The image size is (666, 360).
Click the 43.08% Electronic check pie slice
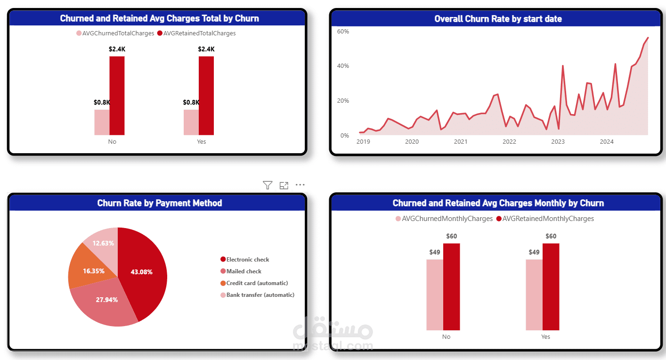pyautogui.click(x=144, y=273)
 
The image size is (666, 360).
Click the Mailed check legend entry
pyautogui.click(x=244, y=271)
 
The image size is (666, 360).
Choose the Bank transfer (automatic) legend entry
pyautogui.click(x=260, y=295)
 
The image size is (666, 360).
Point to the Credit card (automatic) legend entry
pyautogui.click(x=257, y=283)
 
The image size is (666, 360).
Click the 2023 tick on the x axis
pyautogui.click(x=558, y=142)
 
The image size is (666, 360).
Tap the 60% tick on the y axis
pyautogui.click(x=343, y=31)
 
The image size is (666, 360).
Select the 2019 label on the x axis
pyautogui.click(x=363, y=142)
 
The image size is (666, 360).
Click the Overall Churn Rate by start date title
pyautogui.click(x=498, y=19)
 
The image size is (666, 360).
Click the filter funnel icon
pyautogui.click(x=268, y=185)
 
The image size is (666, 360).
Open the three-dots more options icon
pyautogui.click(x=300, y=185)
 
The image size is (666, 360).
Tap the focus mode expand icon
pyautogui.click(x=284, y=185)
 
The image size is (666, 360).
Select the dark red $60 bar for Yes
pyautogui.click(x=551, y=287)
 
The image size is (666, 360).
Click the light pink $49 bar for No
pyautogui.click(x=435, y=295)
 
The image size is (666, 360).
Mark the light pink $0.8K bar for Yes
pyautogui.click(x=191, y=123)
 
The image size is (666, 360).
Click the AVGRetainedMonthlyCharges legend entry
pyautogui.click(x=548, y=219)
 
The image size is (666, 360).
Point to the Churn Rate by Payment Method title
pyautogui.click(x=160, y=203)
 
